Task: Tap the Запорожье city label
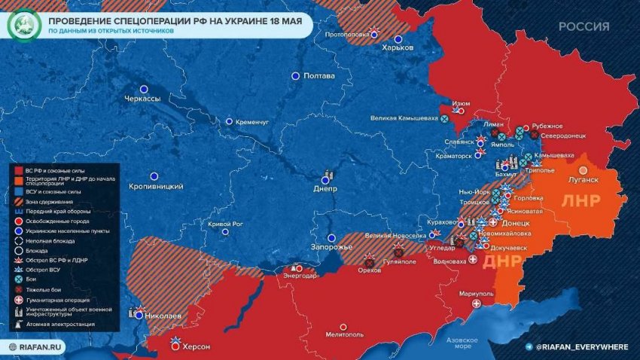pyautogui.click(x=331, y=248)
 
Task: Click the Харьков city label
pyautogui.click(x=398, y=47)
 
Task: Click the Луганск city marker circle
pyautogui.click(x=584, y=169)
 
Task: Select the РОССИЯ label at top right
pyautogui.click(x=584, y=26)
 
